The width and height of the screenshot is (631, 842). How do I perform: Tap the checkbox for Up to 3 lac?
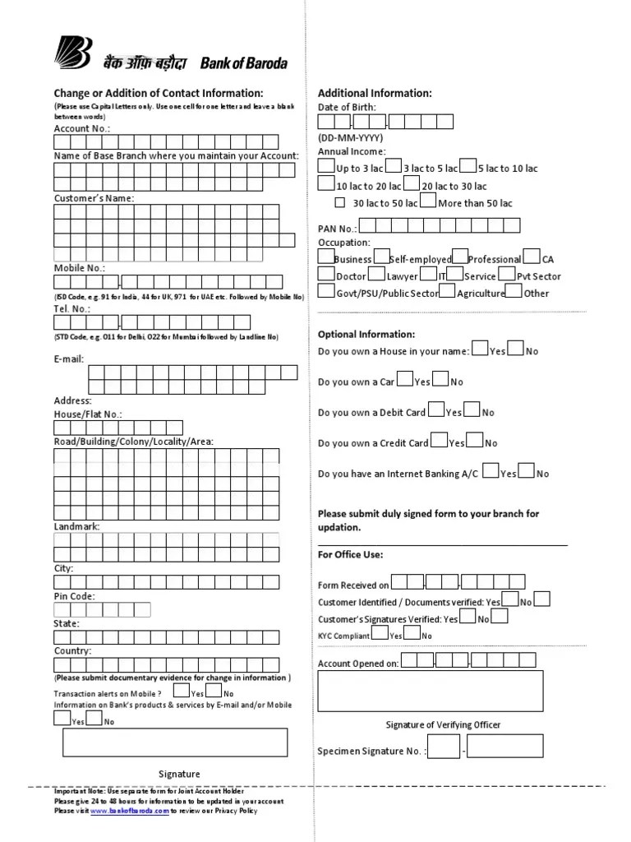326,166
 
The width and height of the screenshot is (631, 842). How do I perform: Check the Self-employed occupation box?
380,257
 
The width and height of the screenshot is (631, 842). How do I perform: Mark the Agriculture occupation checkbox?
447,291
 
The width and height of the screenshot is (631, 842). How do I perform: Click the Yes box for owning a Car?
405,379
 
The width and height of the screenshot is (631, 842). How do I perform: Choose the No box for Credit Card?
474,441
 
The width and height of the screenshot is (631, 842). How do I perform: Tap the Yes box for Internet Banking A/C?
491,471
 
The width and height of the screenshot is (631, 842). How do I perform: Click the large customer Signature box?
174,742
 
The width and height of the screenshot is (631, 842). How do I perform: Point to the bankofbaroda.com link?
129,811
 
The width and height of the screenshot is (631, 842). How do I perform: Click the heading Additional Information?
375,93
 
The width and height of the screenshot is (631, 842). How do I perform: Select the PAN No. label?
337,228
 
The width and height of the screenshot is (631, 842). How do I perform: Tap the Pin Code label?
75,596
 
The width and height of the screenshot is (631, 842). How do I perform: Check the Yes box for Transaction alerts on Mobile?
182,692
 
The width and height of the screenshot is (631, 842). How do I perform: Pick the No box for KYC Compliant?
412,633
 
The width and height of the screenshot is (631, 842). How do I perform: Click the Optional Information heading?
366,335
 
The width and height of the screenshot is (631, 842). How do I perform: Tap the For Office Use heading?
350,554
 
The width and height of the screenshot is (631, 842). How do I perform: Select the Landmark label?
77,525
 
